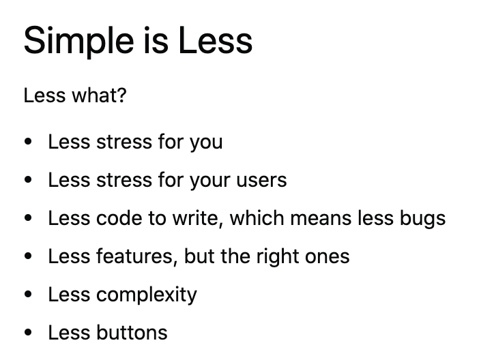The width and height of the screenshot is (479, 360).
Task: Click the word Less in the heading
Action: point(216,41)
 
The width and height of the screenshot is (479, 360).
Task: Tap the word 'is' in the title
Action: point(162,41)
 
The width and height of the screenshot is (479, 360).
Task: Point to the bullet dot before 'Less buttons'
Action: point(28,333)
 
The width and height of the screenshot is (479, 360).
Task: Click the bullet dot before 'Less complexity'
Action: point(28,295)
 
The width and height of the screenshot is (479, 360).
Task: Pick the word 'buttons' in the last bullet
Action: point(132,333)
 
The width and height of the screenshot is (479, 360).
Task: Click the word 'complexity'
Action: point(146,295)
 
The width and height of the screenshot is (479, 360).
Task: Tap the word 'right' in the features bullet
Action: point(276,256)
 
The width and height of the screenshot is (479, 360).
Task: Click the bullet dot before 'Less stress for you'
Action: point(28,142)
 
